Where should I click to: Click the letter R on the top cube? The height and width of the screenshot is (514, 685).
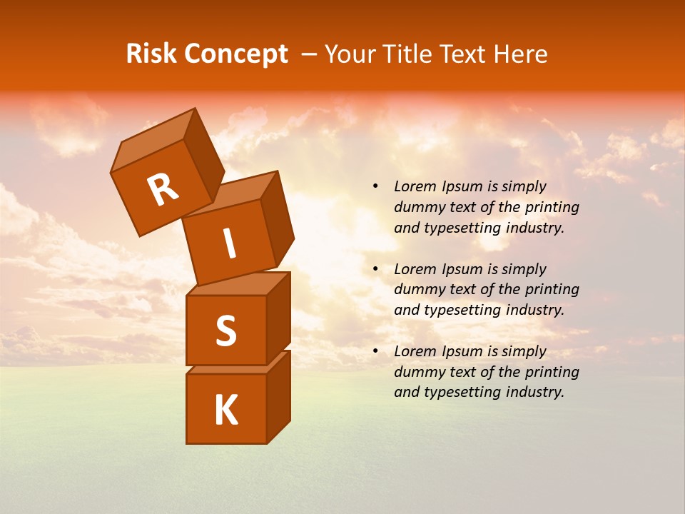(x=163, y=190)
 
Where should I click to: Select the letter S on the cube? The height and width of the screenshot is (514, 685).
(x=225, y=331)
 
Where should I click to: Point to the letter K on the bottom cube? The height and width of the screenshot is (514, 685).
(x=225, y=410)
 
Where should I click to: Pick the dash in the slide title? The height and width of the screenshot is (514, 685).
(x=309, y=54)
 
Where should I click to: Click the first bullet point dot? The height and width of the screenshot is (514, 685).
(x=375, y=186)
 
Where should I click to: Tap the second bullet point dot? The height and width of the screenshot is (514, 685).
(x=375, y=269)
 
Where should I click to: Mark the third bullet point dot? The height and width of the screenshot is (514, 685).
(x=375, y=351)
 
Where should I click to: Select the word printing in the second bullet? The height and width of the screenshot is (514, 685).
(x=552, y=290)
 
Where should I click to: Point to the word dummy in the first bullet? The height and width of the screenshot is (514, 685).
(x=417, y=207)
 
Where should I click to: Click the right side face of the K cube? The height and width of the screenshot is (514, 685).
(x=278, y=396)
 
